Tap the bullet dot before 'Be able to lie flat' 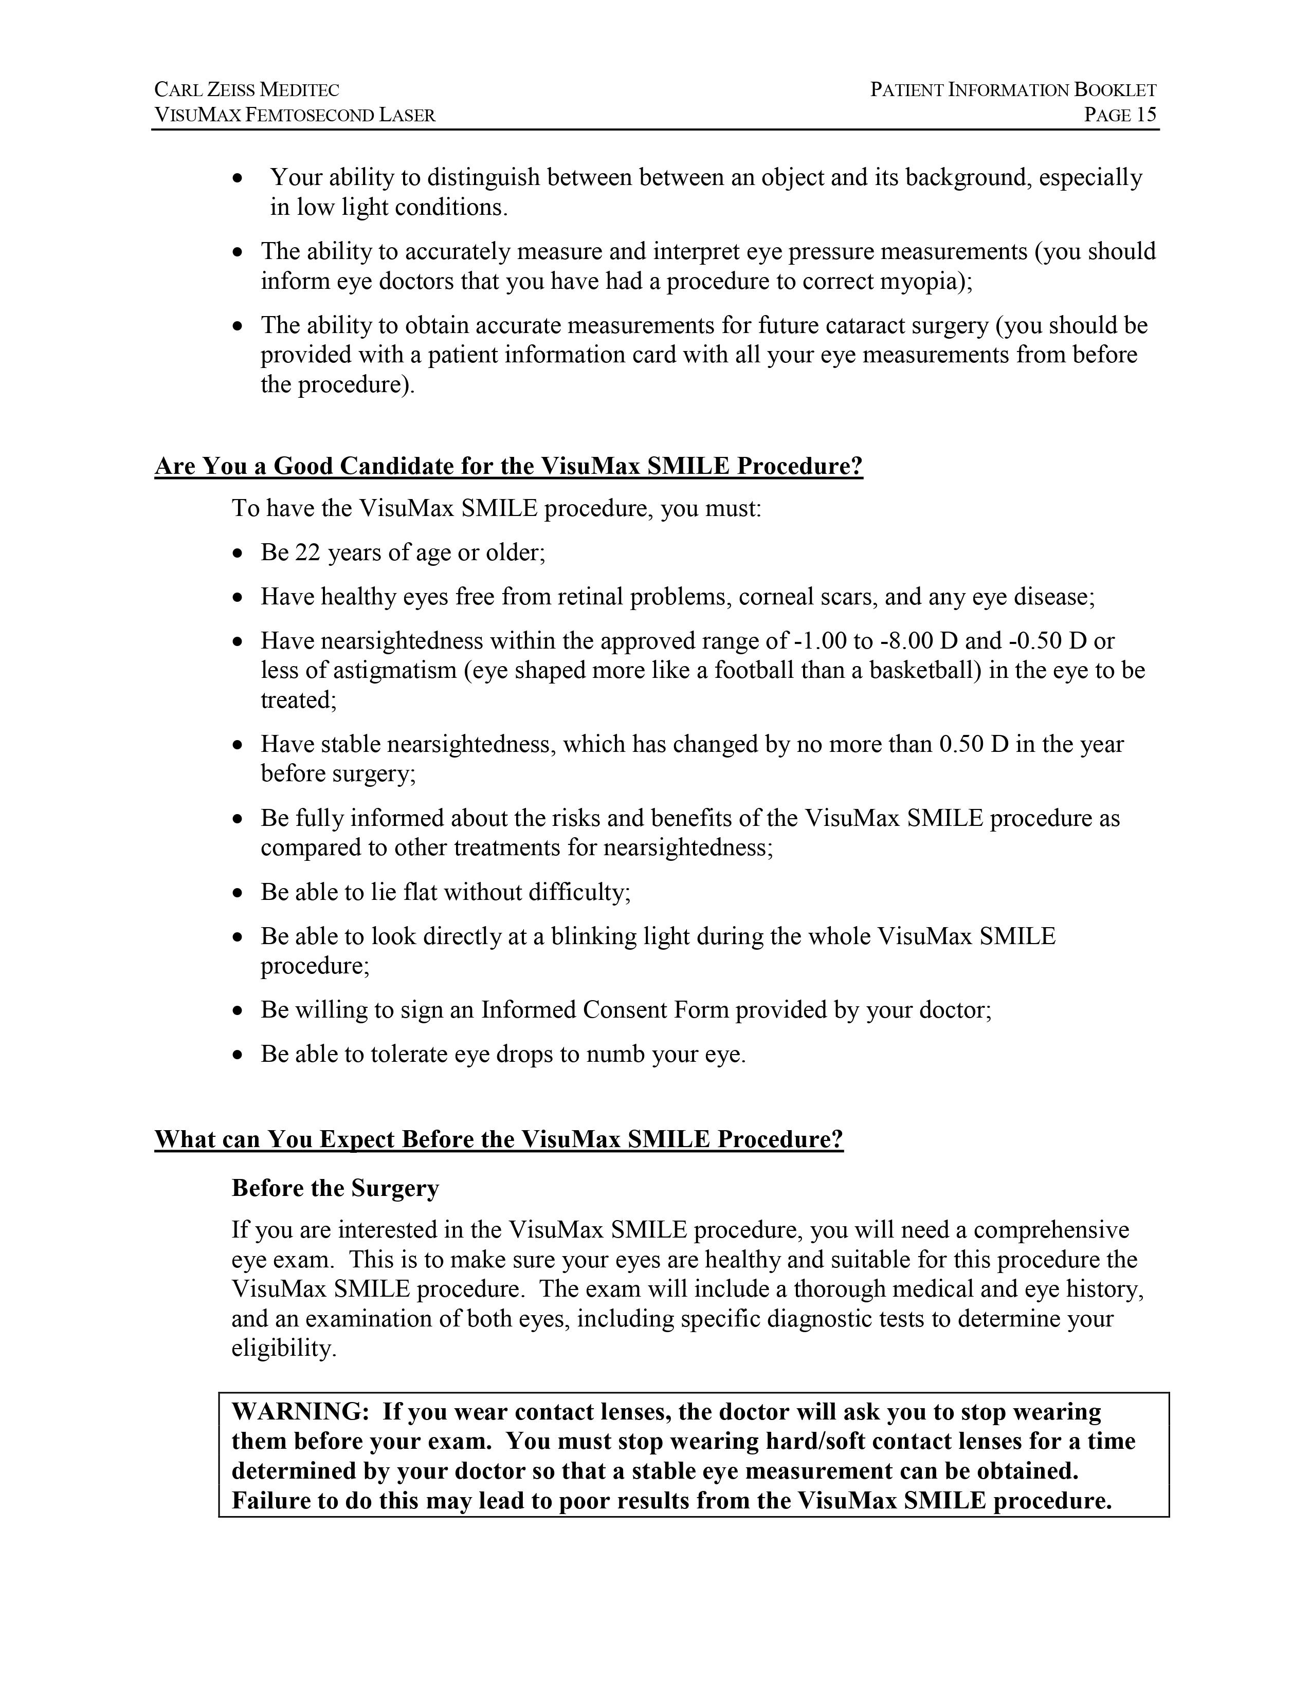tap(239, 893)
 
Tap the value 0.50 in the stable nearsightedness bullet tap(961, 744)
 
